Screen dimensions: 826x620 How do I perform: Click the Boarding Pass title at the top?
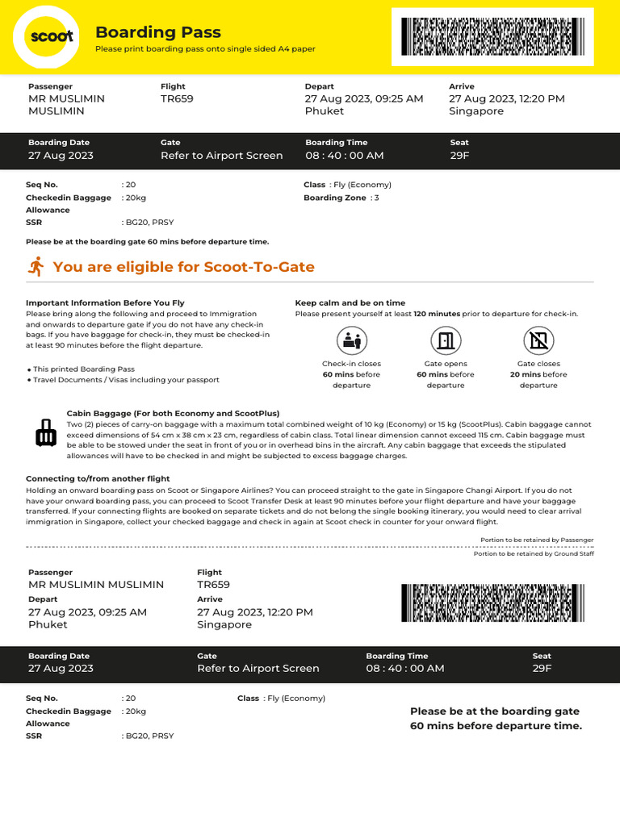click(157, 32)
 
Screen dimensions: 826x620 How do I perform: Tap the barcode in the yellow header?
click(492, 36)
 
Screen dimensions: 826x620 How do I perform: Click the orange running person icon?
click(36, 266)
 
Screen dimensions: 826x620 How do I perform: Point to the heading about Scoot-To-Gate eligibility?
click(183, 267)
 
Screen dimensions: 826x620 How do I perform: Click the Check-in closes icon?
click(351, 340)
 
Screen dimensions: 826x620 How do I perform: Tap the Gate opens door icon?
click(445, 340)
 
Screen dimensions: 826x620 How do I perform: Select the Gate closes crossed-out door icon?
click(538, 340)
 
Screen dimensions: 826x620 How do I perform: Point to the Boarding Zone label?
click(334, 198)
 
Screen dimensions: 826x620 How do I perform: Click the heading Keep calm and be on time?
click(350, 303)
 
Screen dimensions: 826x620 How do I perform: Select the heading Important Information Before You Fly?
click(105, 303)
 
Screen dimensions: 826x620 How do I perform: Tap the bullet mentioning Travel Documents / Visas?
click(125, 380)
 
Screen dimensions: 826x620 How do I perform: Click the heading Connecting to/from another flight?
click(98, 478)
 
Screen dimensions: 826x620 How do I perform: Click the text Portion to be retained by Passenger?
click(537, 540)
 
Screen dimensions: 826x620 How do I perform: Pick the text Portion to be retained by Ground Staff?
click(533, 554)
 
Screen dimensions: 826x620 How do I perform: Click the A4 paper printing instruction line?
click(205, 49)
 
